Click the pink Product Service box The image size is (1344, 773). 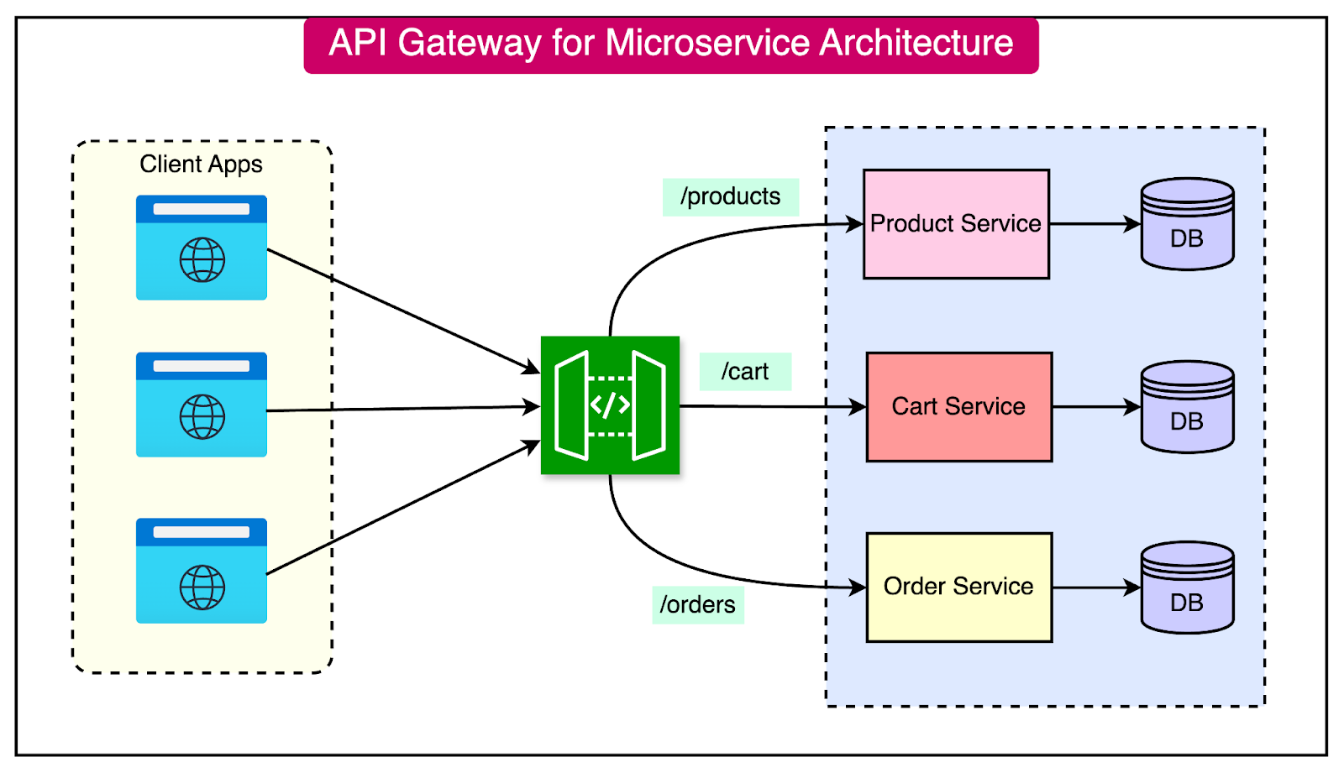956,224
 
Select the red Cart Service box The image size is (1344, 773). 958,407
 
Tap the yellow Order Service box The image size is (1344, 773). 958,587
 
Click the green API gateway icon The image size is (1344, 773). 610,405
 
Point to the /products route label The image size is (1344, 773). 730,197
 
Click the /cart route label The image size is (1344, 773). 745,372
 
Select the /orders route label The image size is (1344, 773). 697,605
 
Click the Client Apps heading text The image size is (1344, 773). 201,165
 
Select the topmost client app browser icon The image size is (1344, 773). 202,248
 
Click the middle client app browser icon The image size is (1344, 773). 202,405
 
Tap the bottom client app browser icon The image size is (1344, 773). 202,571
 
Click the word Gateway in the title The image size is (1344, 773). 469,44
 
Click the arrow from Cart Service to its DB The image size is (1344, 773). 1095,407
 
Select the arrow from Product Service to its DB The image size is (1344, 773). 1094,224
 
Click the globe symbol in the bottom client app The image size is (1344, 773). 202,587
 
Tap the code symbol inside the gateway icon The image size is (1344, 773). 610,405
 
